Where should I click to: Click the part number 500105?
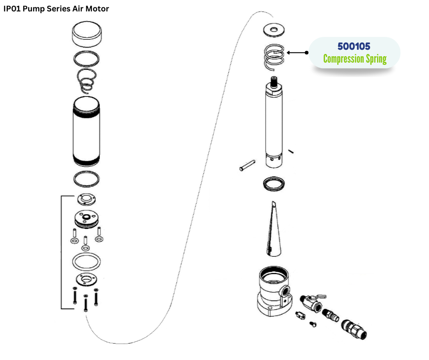point(354,47)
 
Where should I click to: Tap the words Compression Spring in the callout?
point(355,59)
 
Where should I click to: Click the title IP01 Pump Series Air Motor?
point(56,9)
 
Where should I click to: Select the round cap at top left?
point(87,35)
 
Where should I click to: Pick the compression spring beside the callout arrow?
point(275,57)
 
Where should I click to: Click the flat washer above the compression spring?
point(274,31)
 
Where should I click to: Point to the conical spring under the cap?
point(87,79)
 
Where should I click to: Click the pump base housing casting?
point(272,292)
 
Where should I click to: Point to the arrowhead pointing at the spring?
point(291,53)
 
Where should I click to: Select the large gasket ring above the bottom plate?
point(86,263)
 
